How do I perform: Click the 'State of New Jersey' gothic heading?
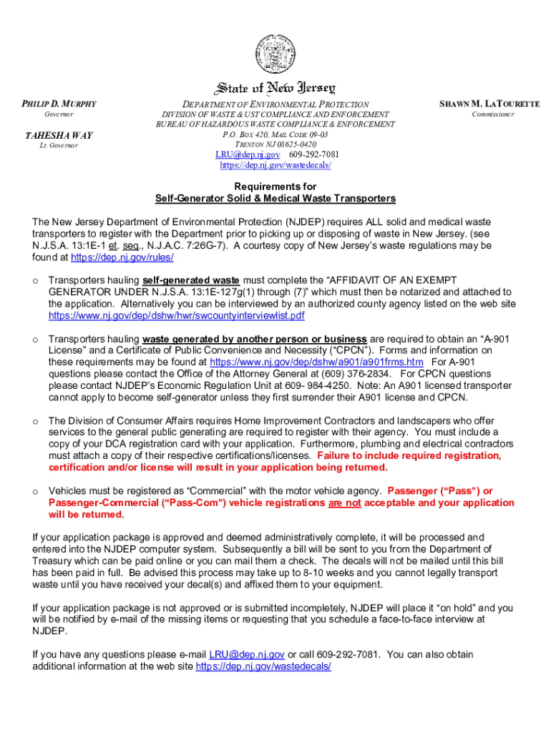[275, 89]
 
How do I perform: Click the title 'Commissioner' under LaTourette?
[492, 114]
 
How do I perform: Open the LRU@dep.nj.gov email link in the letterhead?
[248, 154]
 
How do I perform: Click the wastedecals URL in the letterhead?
[275, 165]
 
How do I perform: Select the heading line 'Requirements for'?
[275, 187]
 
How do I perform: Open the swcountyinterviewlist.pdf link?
[176, 315]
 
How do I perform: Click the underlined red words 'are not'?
[345, 503]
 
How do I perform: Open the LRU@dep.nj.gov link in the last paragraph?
[247, 654]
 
